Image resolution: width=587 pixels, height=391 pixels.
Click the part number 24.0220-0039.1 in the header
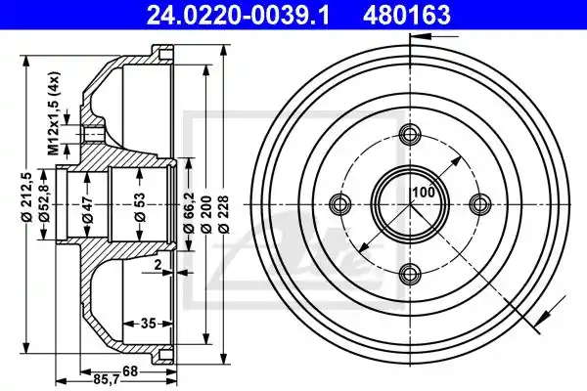click(x=238, y=16)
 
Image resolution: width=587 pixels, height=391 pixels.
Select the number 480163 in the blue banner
click(x=406, y=16)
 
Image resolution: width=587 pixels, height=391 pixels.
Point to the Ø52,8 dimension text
click(x=45, y=205)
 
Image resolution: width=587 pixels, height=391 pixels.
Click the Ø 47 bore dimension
click(x=88, y=209)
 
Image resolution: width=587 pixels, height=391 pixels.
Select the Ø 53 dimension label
click(x=139, y=207)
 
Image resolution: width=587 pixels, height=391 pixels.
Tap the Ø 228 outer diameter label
click(x=224, y=214)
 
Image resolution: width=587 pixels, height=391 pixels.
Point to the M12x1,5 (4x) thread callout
click(x=54, y=112)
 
